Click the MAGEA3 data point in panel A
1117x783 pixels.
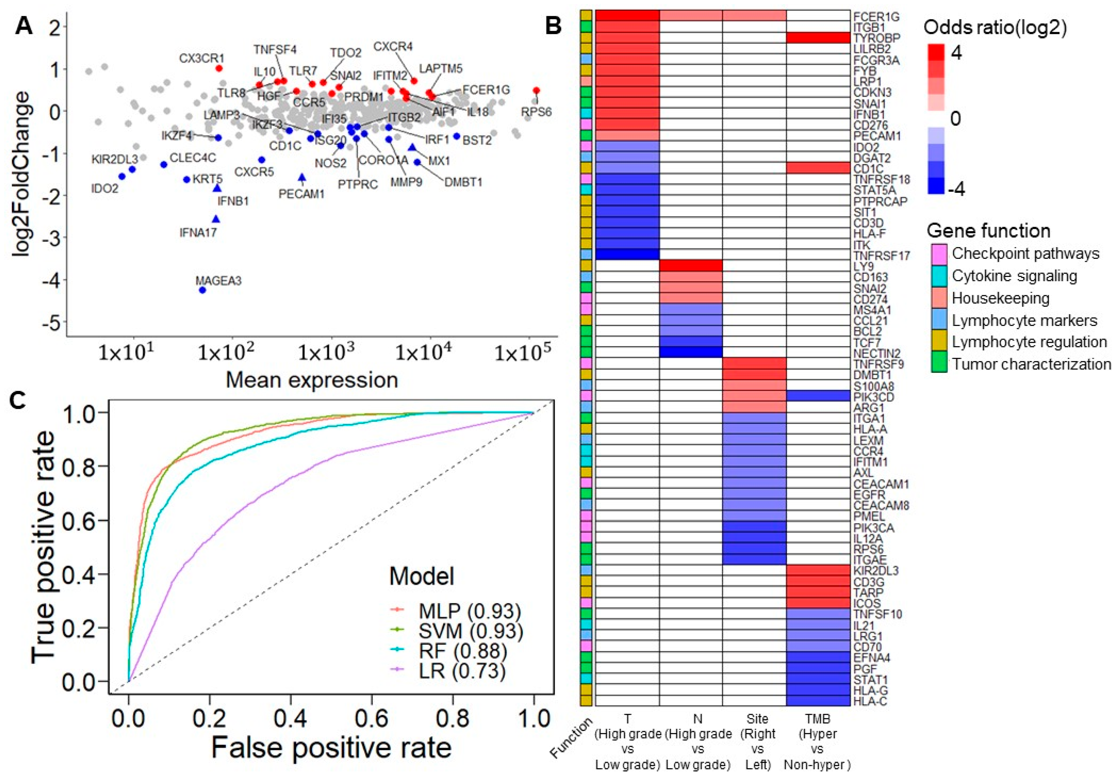(202, 290)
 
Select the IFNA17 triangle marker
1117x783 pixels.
(216, 220)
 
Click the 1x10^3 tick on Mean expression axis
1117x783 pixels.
(326, 352)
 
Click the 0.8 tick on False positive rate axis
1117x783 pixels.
(453, 718)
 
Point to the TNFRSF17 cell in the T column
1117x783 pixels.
(627, 255)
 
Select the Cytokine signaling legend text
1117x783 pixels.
(1014, 276)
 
